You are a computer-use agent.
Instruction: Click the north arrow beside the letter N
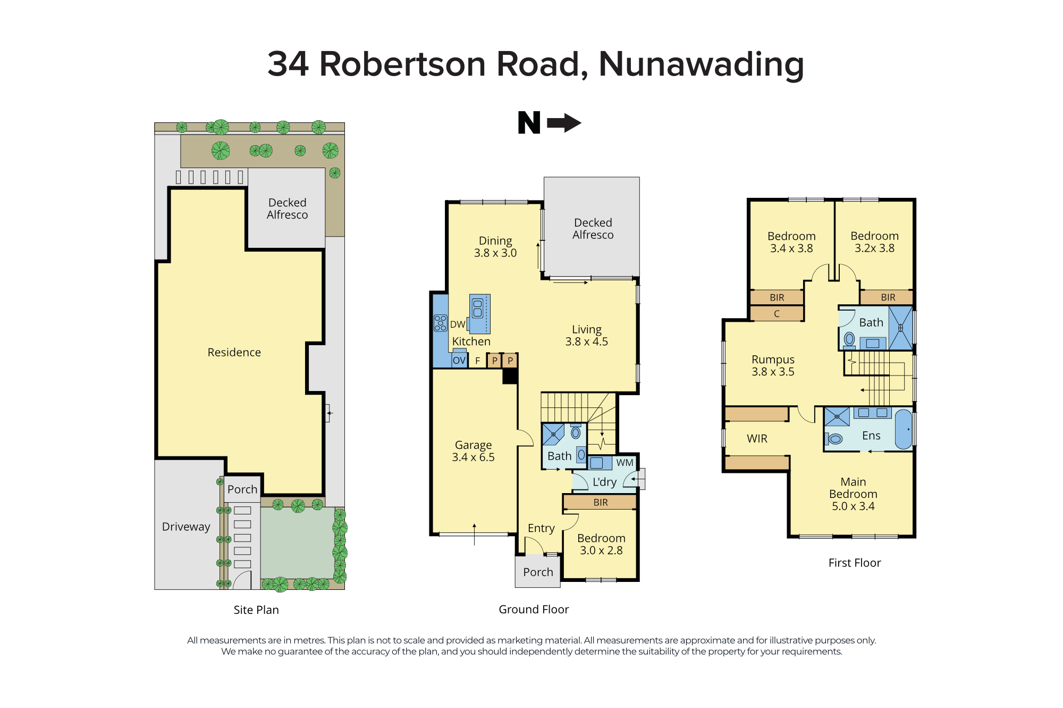click(x=564, y=123)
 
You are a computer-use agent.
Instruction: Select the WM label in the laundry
click(x=625, y=463)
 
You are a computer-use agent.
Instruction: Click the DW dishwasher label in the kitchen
click(x=458, y=324)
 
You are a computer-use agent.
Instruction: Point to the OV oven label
click(x=459, y=361)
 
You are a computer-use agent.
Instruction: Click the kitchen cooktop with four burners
click(x=440, y=323)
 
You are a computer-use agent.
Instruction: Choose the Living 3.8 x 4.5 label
click(x=586, y=336)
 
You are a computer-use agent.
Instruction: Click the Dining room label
click(x=495, y=247)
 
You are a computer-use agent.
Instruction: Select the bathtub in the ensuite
click(x=903, y=429)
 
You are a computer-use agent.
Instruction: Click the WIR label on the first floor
click(x=757, y=439)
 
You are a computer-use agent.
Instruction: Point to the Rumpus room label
click(x=773, y=366)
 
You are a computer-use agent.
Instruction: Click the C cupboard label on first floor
click(x=777, y=314)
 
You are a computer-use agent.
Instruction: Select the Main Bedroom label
click(x=853, y=494)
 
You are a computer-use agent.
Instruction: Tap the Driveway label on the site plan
click(x=186, y=527)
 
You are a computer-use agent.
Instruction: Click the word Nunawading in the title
click(x=701, y=64)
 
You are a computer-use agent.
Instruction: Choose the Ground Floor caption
click(x=534, y=610)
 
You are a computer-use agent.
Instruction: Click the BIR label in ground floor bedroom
click(x=601, y=503)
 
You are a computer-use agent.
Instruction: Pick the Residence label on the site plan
click(x=234, y=353)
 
